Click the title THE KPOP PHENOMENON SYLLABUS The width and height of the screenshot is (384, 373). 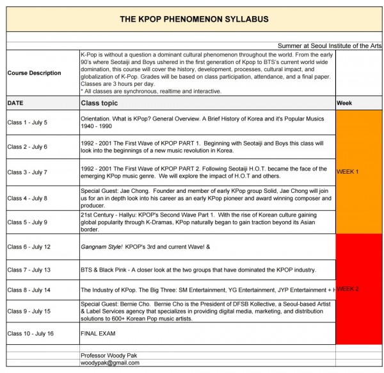tap(195, 20)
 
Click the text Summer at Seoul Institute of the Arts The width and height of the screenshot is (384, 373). tap(330, 46)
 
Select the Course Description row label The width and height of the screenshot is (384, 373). tap(35, 73)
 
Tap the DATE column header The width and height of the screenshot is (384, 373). tap(15, 103)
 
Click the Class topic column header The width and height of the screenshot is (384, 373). tap(99, 103)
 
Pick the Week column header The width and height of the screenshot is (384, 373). tap(344, 103)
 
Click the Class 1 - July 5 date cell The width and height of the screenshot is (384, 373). tap(27, 122)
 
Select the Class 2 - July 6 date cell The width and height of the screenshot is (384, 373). tap(27, 147)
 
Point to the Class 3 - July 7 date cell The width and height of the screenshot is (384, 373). tap(27, 172)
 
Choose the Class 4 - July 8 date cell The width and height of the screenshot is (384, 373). tap(27, 198)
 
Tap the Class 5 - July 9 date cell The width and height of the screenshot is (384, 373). tap(27, 222)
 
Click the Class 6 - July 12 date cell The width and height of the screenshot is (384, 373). tap(29, 247)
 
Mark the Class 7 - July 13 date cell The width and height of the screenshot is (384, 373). tap(29, 270)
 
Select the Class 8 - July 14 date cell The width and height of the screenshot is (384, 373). tap(29, 290)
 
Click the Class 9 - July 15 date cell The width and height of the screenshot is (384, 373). tap(29, 311)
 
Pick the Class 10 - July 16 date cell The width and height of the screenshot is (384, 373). tap(30, 333)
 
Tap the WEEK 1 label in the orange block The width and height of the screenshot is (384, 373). tap(348, 172)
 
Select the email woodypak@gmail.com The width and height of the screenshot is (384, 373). tap(109, 363)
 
